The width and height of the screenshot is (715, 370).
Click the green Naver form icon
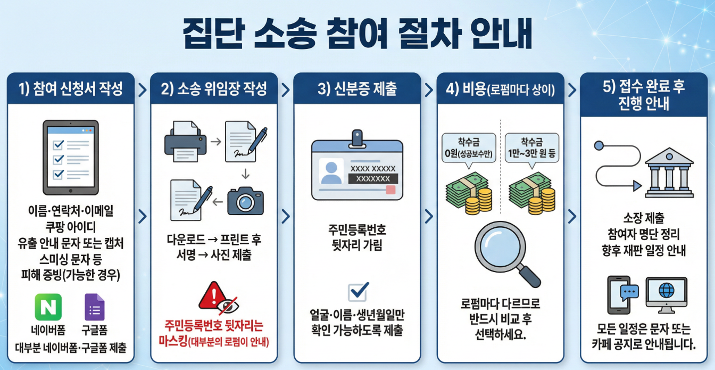(48, 307)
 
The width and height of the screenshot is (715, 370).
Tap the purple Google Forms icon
(95, 307)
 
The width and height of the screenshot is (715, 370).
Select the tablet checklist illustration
(71, 157)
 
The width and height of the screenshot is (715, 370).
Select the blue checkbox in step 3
(358, 292)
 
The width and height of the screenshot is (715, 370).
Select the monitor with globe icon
(666, 294)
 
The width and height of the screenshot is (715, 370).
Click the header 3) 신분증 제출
(357, 89)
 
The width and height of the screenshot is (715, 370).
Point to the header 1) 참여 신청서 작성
(71, 89)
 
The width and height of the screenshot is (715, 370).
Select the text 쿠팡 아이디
(71, 229)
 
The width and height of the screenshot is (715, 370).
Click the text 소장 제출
(643, 218)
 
